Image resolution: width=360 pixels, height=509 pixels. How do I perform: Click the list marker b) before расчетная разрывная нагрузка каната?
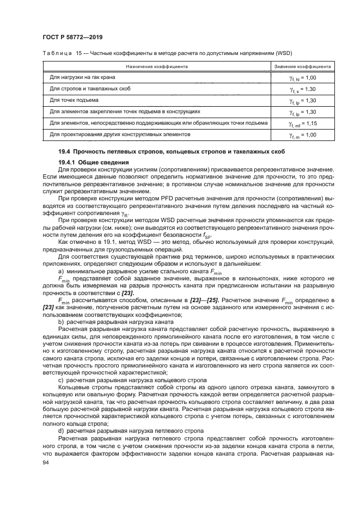(x=61, y=322)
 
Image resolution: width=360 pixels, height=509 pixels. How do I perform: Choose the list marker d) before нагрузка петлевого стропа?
(x=61, y=431)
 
